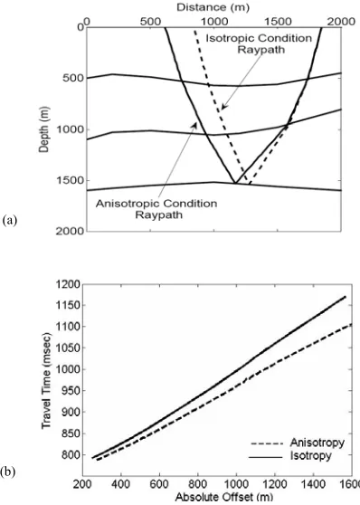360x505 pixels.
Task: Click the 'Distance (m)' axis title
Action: point(213,6)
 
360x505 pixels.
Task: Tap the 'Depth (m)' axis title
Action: point(44,129)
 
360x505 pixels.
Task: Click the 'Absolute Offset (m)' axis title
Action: point(223,497)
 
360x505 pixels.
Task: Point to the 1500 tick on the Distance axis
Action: point(278,22)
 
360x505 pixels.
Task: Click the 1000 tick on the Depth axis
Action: point(71,129)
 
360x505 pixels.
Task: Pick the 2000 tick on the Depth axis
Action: point(71,231)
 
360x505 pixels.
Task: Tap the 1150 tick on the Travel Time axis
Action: point(68,305)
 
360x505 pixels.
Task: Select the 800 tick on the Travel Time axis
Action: point(71,454)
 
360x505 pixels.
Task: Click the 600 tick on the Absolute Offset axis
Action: point(160,484)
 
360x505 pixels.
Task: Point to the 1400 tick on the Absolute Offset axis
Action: point(314,484)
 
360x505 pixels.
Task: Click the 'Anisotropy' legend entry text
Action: point(317,443)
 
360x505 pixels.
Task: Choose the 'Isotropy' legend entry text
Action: point(310,456)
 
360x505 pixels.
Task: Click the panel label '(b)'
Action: point(9,472)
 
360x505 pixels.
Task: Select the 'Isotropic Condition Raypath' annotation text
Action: point(260,43)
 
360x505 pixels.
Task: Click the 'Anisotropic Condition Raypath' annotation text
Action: point(156,209)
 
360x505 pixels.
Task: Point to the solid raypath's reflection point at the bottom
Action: point(235,183)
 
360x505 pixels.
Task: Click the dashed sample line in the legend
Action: point(267,443)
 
